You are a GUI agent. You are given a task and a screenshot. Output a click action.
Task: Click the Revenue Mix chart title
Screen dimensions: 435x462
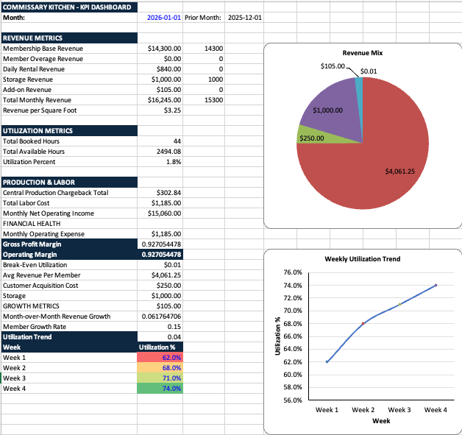pyautogui.click(x=362, y=53)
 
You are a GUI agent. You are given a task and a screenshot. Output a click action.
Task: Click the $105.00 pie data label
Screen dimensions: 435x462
pyautogui.click(x=334, y=66)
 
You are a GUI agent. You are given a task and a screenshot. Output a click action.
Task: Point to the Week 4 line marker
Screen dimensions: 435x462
pyautogui.click(x=436, y=285)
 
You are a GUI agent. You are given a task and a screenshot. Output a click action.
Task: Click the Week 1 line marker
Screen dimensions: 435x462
pyautogui.click(x=327, y=361)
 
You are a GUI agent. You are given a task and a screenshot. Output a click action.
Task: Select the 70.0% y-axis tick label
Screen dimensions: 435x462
pyautogui.click(x=293, y=311)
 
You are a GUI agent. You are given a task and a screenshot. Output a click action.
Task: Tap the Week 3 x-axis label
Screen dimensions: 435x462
pyautogui.click(x=399, y=409)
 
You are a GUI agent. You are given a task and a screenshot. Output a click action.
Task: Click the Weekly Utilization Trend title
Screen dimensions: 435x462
pyautogui.click(x=362, y=259)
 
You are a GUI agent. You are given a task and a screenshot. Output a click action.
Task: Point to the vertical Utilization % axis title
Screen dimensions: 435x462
pyautogui.click(x=277, y=336)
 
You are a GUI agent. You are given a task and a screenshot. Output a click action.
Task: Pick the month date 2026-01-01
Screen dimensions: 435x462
pyautogui.click(x=164, y=16)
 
